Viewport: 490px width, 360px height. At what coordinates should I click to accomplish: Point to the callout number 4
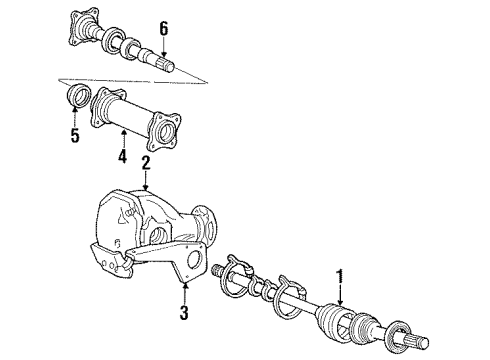pyautogui.click(x=120, y=156)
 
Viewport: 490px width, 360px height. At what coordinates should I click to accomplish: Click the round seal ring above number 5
pyautogui.click(x=74, y=97)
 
